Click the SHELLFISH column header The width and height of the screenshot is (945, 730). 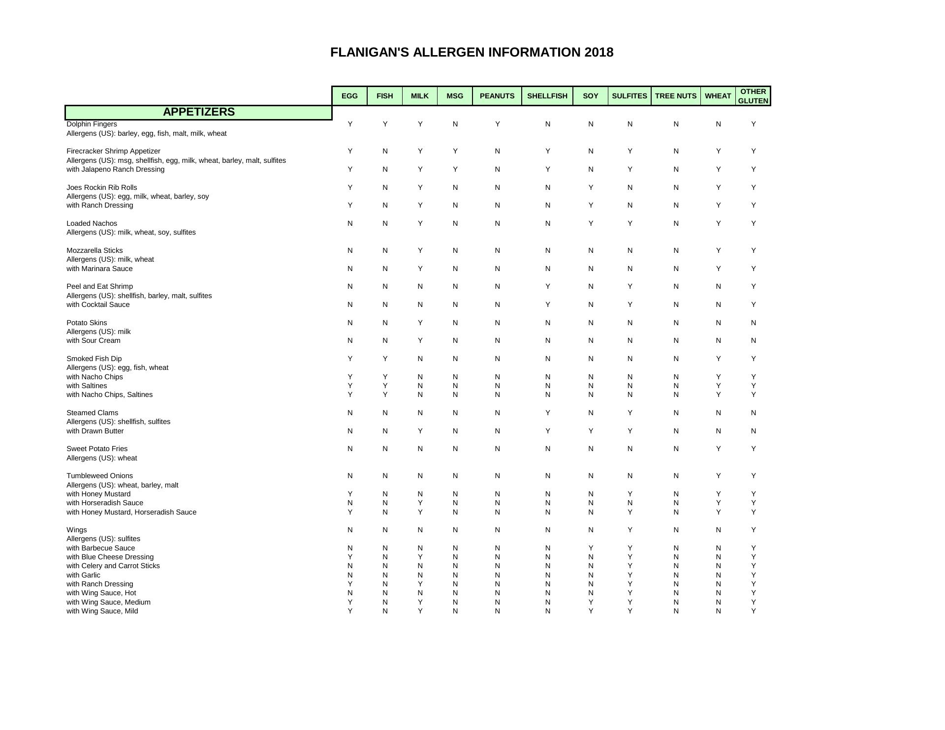[547, 96]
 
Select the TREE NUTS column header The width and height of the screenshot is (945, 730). [675, 96]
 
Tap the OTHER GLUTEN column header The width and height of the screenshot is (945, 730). [753, 96]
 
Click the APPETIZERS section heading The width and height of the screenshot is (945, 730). [199, 112]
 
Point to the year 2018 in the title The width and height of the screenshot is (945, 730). [599, 53]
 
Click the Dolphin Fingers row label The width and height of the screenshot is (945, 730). [92, 124]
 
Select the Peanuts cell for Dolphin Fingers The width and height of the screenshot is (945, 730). [497, 124]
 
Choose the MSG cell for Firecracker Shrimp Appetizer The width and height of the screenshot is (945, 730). [455, 151]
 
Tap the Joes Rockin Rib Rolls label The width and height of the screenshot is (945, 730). [102, 187]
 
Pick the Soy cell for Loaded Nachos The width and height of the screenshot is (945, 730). [590, 223]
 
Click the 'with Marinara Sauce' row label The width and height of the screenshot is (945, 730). [99, 269]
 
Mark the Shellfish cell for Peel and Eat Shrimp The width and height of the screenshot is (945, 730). [547, 286]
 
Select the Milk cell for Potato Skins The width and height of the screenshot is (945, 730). [420, 323]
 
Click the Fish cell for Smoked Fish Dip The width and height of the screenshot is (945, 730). [385, 359]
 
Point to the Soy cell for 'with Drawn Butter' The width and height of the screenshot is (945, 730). [590, 431]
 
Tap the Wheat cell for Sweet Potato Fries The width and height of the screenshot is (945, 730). [718, 449]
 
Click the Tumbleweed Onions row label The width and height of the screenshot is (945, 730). [99, 476]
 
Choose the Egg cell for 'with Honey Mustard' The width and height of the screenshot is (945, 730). [350, 494]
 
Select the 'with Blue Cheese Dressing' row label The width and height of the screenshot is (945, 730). [110, 557]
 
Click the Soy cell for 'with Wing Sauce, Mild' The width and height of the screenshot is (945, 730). [590, 611]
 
